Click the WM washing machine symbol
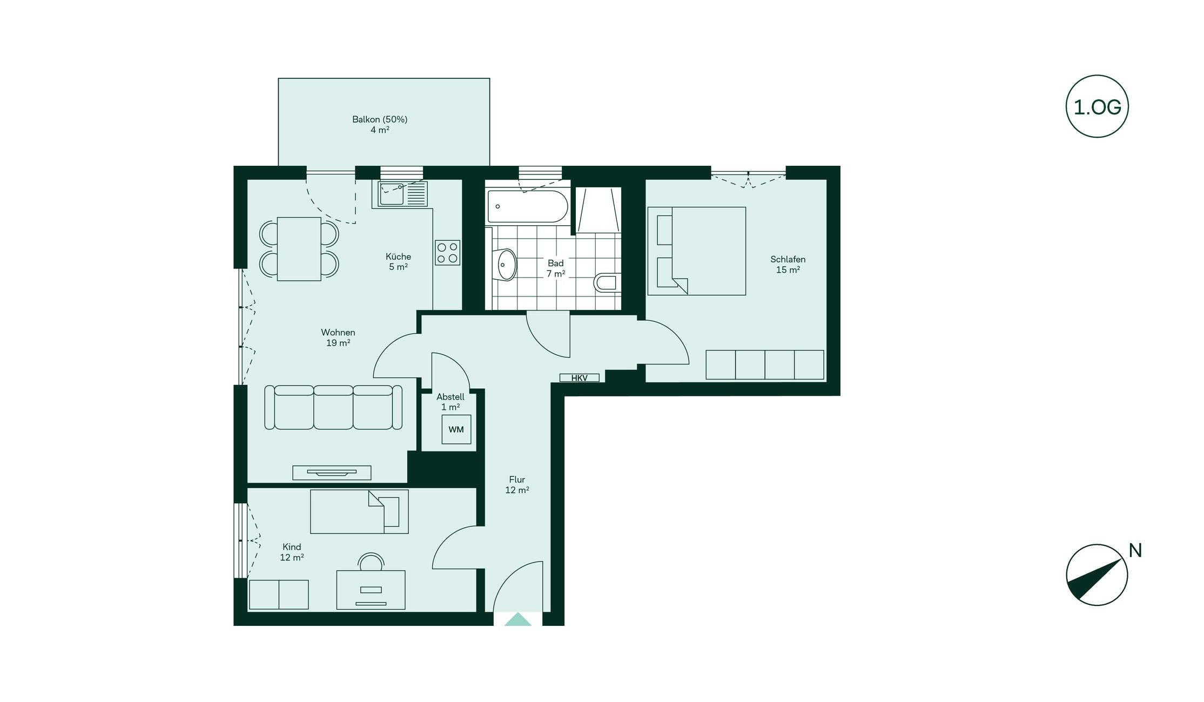click(456, 429)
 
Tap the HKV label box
click(579, 378)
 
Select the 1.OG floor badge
click(1097, 106)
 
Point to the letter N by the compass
click(1135, 550)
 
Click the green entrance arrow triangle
click(517, 619)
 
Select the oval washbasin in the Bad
click(507, 265)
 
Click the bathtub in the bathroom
click(527, 206)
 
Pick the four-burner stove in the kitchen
click(448, 253)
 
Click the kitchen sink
click(400, 194)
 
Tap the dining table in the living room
click(299, 249)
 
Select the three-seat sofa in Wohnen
click(333, 407)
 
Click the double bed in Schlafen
click(697, 251)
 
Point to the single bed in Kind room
click(359, 511)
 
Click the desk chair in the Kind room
click(371, 562)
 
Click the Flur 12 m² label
click(517, 484)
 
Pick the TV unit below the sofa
click(332, 473)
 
